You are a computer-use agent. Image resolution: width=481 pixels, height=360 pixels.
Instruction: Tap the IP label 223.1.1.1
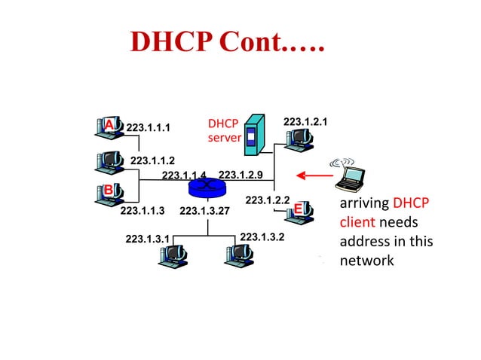pos(148,127)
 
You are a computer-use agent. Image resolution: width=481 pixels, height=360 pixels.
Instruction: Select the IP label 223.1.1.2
pos(152,160)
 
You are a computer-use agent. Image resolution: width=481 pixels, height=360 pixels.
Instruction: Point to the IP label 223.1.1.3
pos(142,211)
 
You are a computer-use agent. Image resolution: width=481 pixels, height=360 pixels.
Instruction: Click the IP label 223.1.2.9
pos(240,175)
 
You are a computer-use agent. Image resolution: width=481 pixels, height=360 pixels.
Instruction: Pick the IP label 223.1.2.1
pos(305,121)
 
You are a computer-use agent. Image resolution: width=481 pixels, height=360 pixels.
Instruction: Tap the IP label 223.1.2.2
pos(268,200)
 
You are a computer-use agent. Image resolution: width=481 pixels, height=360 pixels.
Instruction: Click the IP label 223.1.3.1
pos(147,239)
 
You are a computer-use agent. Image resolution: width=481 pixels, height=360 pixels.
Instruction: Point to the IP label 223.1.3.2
pos(262,237)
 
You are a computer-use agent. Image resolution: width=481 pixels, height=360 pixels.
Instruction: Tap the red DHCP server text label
pos(223,130)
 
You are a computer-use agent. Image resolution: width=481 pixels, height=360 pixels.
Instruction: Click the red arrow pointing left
pos(314,176)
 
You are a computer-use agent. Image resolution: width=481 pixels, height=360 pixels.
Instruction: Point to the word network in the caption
pos(366,261)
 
